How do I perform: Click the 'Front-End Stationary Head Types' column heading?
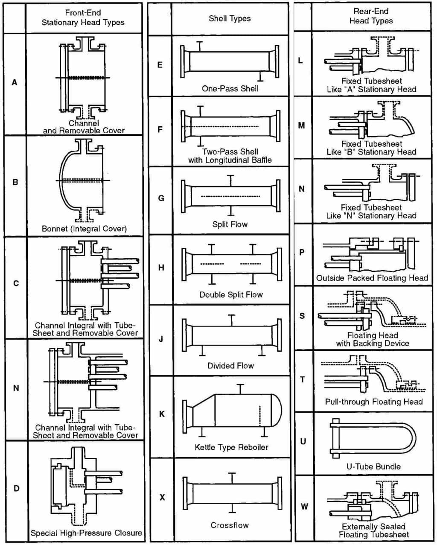point(83,17)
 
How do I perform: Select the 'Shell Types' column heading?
point(230,18)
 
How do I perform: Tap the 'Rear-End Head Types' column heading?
point(370,16)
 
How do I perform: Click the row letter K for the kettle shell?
point(161,414)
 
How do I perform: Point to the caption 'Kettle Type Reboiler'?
point(231,447)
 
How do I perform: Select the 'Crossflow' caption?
point(230,525)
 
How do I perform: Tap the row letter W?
point(304,507)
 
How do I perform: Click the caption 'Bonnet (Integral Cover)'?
point(84,228)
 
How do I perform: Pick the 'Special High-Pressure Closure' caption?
point(86,533)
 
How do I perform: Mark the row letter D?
point(16,488)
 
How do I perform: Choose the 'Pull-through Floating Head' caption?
point(373,402)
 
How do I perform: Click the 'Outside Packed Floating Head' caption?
point(372,278)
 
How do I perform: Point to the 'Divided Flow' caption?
point(230,366)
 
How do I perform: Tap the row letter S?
point(302,316)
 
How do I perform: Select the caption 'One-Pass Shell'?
point(230,88)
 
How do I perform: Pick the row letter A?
point(15,82)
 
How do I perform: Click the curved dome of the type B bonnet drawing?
point(60,181)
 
